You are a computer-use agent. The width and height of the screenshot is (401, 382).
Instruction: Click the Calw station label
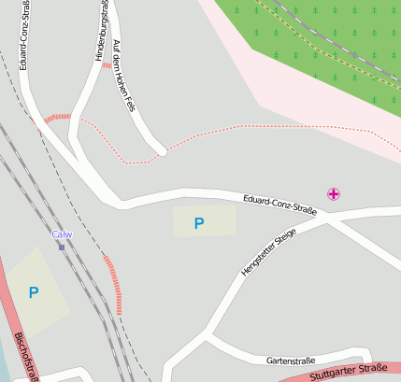61,234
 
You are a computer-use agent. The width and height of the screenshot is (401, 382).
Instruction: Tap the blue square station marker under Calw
62,248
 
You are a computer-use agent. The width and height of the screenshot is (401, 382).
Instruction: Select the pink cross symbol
334,194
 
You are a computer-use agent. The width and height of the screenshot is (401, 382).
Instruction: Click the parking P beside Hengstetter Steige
198,223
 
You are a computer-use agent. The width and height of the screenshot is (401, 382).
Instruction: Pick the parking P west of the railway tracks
34,292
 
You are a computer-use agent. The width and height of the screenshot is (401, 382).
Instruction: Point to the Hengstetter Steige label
268,252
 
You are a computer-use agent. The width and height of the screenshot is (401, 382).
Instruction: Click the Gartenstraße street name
290,360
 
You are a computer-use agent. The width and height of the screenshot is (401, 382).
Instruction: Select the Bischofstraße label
26,356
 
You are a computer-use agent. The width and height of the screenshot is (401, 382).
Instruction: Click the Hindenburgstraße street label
102,33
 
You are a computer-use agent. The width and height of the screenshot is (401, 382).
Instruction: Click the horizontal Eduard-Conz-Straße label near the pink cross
279,205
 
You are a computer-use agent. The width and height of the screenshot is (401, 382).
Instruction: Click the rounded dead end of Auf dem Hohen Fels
162,149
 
